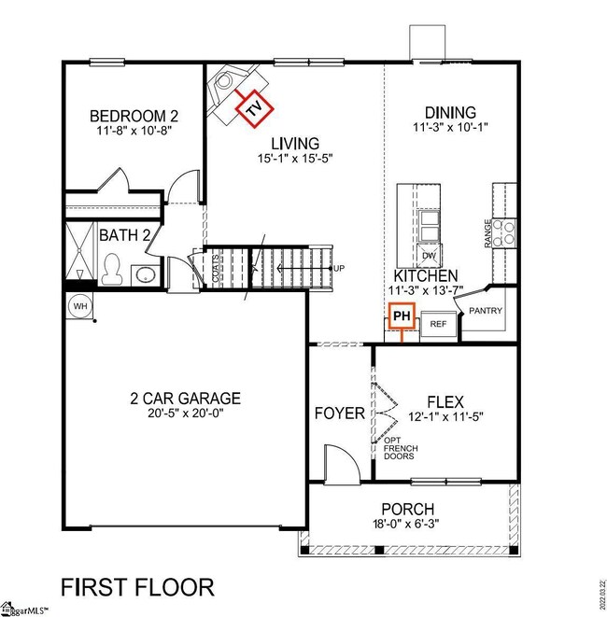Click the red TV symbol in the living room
click(253, 110)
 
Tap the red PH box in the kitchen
click(402, 317)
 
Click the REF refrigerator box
click(438, 324)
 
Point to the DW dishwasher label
click(430, 255)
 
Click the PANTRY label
click(486, 311)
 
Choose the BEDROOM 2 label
click(134, 116)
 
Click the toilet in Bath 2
click(112, 269)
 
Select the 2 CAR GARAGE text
click(185, 398)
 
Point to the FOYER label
click(339, 413)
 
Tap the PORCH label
click(407, 509)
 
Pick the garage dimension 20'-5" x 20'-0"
click(185, 414)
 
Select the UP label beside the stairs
click(340, 269)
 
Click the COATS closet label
click(216, 268)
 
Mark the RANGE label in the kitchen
click(487, 234)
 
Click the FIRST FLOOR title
click(137, 587)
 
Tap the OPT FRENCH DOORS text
click(400, 449)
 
